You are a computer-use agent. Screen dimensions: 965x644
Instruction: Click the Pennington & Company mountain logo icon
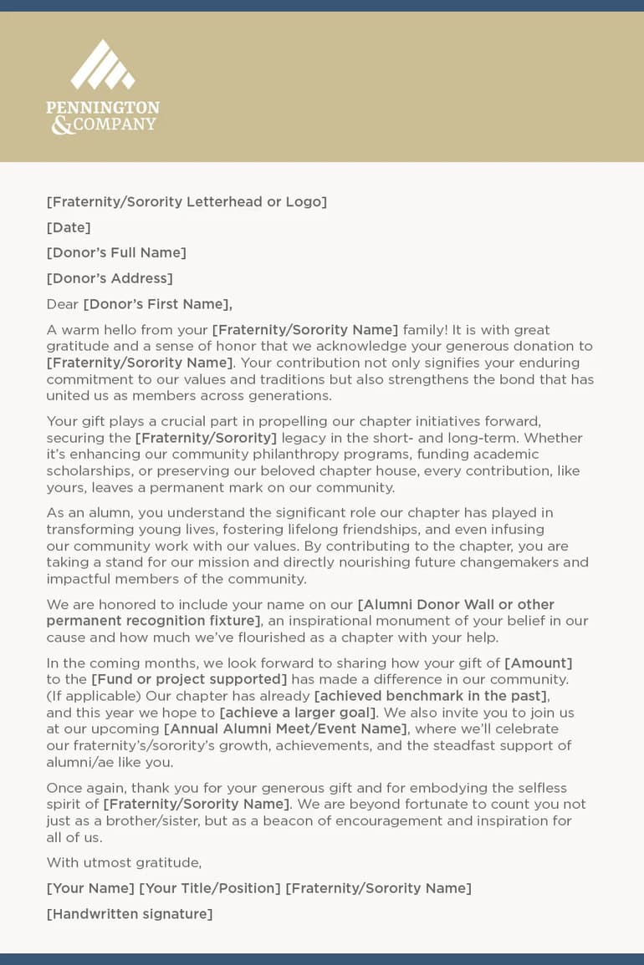pyautogui.click(x=103, y=65)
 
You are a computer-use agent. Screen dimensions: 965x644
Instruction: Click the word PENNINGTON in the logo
pyautogui.click(x=103, y=108)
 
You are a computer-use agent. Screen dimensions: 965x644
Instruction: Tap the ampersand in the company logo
pyautogui.click(x=62, y=125)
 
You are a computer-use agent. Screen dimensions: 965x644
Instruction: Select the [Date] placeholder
pyautogui.click(x=69, y=227)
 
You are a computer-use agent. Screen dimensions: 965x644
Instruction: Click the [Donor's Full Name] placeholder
pyautogui.click(x=116, y=252)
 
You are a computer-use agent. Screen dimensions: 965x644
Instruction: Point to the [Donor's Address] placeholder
pyautogui.click(x=110, y=278)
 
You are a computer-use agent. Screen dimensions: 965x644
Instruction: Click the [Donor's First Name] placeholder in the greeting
pyautogui.click(x=157, y=304)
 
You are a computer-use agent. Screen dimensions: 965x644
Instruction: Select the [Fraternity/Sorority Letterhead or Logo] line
pyautogui.click(x=187, y=201)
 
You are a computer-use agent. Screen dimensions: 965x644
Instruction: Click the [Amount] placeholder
pyautogui.click(x=538, y=663)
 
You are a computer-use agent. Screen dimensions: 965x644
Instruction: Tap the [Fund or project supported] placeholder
pyautogui.click(x=189, y=679)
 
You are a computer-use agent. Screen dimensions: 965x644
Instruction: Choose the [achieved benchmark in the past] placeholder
pyautogui.click(x=431, y=696)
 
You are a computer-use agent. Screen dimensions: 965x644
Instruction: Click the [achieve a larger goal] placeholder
pyautogui.click(x=298, y=713)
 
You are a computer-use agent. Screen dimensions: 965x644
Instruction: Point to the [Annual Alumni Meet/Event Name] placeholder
pyautogui.click(x=285, y=729)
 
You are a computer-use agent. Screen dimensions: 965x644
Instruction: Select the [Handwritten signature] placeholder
pyautogui.click(x=130, y=914)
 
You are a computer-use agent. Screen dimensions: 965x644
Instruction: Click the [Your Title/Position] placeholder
pyautogui.click(x=210, y=888)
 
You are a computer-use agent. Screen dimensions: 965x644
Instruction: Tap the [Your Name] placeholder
pyautogui.click(x=90, y=888)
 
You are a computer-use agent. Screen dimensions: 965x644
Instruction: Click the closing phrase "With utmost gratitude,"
pyautogui.click(x=124, y=862)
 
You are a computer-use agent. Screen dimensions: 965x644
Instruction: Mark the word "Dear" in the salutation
pyautogui.click(x=62, y=304)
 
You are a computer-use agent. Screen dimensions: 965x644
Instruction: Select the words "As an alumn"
pyautogui.click(x=88, y=513)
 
